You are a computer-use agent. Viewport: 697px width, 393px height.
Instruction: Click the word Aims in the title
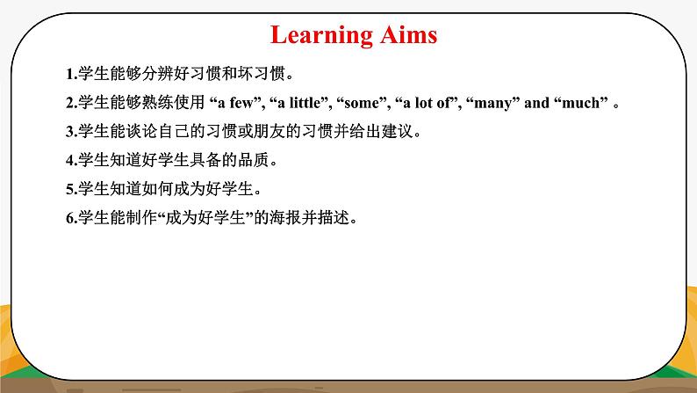point(407,35)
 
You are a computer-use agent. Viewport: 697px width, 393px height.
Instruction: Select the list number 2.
point(69,103)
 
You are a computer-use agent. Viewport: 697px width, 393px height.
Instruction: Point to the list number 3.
point(69,132)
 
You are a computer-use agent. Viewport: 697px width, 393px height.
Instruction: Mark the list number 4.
point(69,161)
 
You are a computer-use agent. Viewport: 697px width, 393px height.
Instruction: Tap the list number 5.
point(69,189)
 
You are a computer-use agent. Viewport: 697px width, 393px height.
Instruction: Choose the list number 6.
point(69,218)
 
